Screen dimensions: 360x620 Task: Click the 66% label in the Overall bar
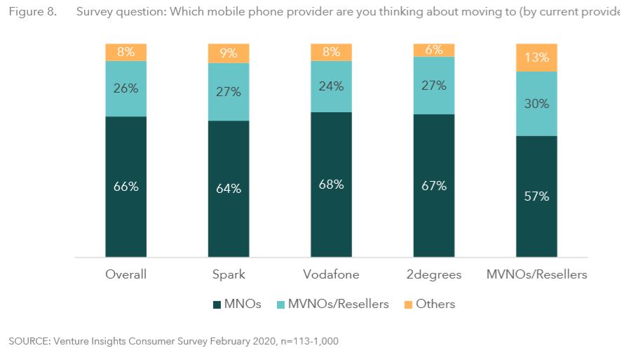coord(126,187)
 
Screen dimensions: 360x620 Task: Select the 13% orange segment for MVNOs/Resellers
coord(537,58)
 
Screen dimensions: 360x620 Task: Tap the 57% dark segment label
coord(537,196)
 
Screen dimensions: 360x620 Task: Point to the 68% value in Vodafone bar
coord(331,185)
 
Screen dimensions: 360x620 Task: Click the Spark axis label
coord(229,274)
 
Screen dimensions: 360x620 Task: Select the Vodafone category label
coord(331,274)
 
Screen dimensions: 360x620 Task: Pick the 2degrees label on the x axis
coord(433,274)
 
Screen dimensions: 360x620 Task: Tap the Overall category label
coord(126,274)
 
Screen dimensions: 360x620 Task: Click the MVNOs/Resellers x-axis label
coord(537,274)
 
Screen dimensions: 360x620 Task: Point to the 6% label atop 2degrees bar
coord(433,50)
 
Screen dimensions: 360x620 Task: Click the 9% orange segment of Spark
coord(229,53)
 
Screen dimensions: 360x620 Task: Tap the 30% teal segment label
coord(537,103)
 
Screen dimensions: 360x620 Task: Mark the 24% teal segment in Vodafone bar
coord(331,86)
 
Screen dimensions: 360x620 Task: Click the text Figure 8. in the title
coord(32,13)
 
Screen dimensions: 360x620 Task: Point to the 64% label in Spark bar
coord(229,189)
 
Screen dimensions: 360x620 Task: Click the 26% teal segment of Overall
coord(126,88)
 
